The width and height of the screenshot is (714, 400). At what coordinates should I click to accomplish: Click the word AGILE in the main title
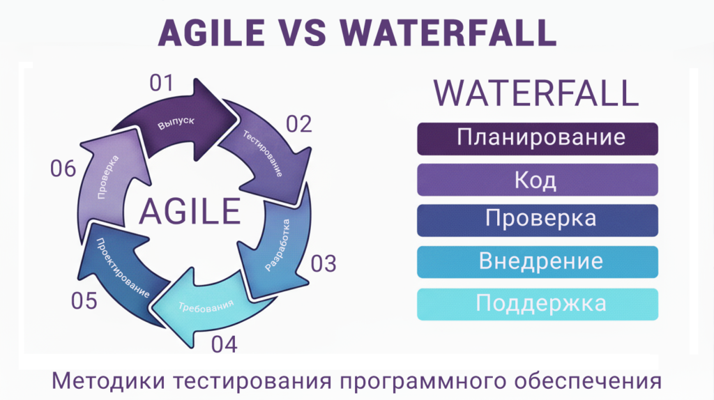click(x=211, y=33)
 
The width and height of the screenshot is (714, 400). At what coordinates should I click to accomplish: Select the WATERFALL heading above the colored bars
click(x=536, y=93)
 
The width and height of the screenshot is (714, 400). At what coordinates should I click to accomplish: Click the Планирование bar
click(x=538, y=139)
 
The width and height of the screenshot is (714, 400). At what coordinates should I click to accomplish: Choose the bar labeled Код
click(x=538, y=180)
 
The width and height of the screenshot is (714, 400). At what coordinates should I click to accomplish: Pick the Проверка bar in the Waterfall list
click(x=538, y=221)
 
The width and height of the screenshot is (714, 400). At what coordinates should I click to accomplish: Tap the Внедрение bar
click(x=538, y=262)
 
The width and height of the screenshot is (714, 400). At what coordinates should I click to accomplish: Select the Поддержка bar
click(x=538, y=304)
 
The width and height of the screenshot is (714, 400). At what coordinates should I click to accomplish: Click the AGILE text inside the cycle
click(x=190, y=211)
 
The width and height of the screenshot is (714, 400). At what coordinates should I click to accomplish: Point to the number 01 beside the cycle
click(x=162, y=84)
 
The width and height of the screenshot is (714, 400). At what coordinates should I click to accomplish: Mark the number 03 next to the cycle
click(x=324, y=264)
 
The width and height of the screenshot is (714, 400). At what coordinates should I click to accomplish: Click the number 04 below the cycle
click(x=224, y=344)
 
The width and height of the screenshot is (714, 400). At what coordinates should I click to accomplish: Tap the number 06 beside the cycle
click(x=63, y=169)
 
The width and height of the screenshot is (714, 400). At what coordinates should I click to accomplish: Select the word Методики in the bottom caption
click(x=108, y=381)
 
